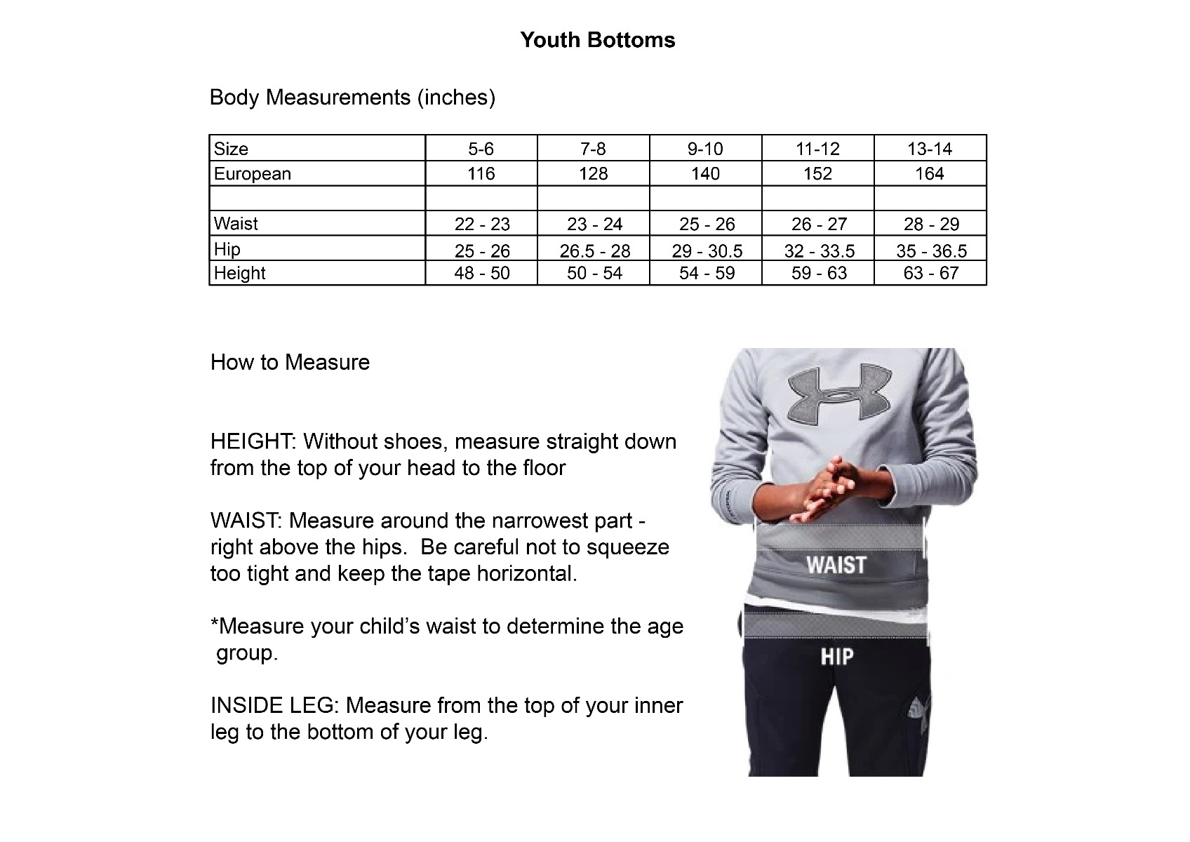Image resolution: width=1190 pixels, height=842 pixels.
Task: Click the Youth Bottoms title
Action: coord(598,40)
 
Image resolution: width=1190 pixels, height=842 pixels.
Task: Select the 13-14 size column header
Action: coord(930,149)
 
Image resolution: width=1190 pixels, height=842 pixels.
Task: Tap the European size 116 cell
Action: coord(481,173)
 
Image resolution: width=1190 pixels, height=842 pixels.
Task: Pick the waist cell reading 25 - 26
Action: coord(707,224)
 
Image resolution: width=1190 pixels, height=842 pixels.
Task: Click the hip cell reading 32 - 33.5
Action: coord(819,250)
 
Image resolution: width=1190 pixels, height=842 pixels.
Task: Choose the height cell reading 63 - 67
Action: coord(930,273)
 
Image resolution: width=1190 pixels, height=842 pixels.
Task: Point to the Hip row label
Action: coord(227,249)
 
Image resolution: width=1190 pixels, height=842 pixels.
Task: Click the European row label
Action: coord(253,173)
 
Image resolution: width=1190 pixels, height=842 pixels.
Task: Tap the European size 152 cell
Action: coord(817,173)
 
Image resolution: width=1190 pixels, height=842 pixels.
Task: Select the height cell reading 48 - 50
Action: coord(482,273)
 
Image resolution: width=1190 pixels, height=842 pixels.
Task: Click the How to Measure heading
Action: coord(290,362)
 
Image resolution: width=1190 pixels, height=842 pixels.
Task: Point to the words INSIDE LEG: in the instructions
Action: coord(275,705)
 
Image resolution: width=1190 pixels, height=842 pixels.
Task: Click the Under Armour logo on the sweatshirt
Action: coord(838,395)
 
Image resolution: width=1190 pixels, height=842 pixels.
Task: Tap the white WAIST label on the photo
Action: coord(836,565)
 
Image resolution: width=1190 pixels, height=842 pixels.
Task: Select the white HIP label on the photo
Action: coord(837,657)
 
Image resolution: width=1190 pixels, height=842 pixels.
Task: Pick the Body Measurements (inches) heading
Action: coord(352,97)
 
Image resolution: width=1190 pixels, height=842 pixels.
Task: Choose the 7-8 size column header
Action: coord(593,149)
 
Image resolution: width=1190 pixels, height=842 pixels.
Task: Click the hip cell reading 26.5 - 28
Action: coord(595,250)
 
